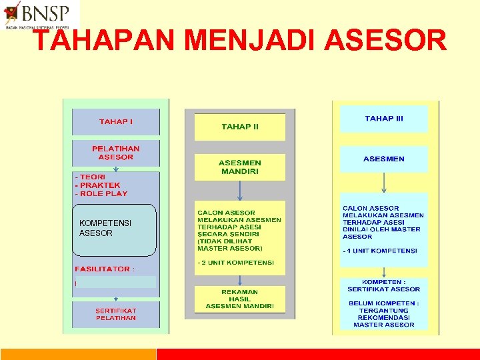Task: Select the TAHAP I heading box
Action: pyautogui.click(x=116, y=122)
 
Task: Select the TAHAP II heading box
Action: pyautogui.click(x=239, y=127)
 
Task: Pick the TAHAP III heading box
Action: pyautogui.click(x=384, y=119)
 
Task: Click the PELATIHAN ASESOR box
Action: pyautogui.click(x=116, y=153)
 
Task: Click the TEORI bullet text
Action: pyautogui.click(x=93, y=177)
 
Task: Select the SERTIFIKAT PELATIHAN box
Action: pyautogui.click(x=116, y=314)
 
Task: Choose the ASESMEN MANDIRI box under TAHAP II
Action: pyautogui.click(x=239, y=167)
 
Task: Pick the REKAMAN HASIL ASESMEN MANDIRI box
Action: pyautogui.click(x=239, y=299)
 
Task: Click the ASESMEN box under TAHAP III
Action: pyautogui.click(x=384, y=159)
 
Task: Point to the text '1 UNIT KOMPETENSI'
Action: pyautogui.click(x=381, y=251)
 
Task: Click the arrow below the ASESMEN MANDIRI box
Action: pyautogui.click(x=240, y=191)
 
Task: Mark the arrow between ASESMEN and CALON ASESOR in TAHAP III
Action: pyautogui.click(x=384, y=183)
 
